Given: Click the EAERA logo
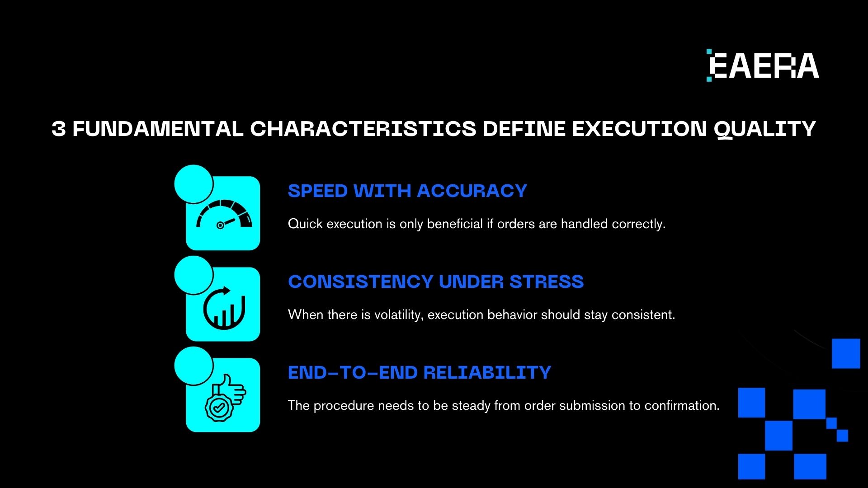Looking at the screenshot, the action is coord(763,66).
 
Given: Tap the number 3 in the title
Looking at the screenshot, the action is coord(59,129).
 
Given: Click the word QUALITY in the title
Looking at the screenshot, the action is coord(765,130).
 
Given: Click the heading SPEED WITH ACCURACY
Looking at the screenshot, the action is coord(407,191).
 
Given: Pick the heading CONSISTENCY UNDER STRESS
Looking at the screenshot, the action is coord(436,282).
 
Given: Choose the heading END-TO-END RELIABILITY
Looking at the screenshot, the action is coord(420,372).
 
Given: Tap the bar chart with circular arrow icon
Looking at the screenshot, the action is coord(224,307).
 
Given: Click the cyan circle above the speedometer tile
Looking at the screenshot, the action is coord(194,184).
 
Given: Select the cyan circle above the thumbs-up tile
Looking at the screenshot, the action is coord(194,366).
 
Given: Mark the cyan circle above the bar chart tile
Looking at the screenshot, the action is coord(194,275).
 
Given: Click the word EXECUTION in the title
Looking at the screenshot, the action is coord(639,129).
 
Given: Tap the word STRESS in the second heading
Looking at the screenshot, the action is coord(547,282).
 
